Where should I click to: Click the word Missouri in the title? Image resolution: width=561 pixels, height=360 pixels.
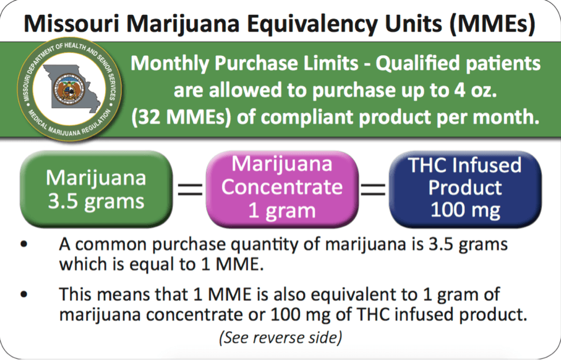(71, 24)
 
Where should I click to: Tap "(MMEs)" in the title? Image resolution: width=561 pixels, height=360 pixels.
(493, 24)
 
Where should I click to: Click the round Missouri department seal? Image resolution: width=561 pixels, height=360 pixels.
(70, 89)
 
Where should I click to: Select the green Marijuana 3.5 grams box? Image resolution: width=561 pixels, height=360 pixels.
(96, 189)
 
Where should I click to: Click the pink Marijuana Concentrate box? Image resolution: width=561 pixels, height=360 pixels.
(282, 189)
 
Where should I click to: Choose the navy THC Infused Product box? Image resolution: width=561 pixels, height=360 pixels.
(465, 189)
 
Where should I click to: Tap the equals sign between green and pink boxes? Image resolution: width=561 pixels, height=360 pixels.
(190, 189)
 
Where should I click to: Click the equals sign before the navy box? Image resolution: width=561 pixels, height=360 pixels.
(373, 189)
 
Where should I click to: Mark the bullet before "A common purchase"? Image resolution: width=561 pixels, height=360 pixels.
(24, 244)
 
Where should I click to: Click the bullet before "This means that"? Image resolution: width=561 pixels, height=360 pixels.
(24, 294)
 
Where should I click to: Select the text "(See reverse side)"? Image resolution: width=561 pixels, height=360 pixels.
(281, 338)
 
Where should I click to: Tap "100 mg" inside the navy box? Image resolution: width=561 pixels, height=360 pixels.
(465, 210)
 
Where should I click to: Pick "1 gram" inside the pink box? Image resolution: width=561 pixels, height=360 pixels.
(282, 211)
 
